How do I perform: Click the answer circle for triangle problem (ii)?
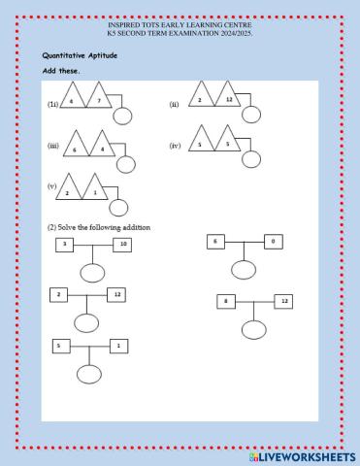pyautogui.click(x=252, y=115)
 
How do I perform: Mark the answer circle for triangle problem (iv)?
pyautogui.click(x=252, y=159)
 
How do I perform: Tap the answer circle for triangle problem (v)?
pyautogui.click(x=118, y=206)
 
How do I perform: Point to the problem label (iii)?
pyautogui.click(x=53, y=146)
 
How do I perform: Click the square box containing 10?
pyautogui.click(x=121, y=245)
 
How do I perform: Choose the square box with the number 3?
pyautogui.click(x=64, y=245)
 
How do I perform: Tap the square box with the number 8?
pyautogui.click(x=226, y=302)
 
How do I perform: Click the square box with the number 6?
pyautogui.click(x=216, y=240)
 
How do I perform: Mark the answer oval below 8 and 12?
pyautogui.click(x=254, y=328)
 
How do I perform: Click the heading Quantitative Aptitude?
pyautogui.click(x=80, y=56)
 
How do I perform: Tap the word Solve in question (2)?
pyautogui.click(x=70, y=227)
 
